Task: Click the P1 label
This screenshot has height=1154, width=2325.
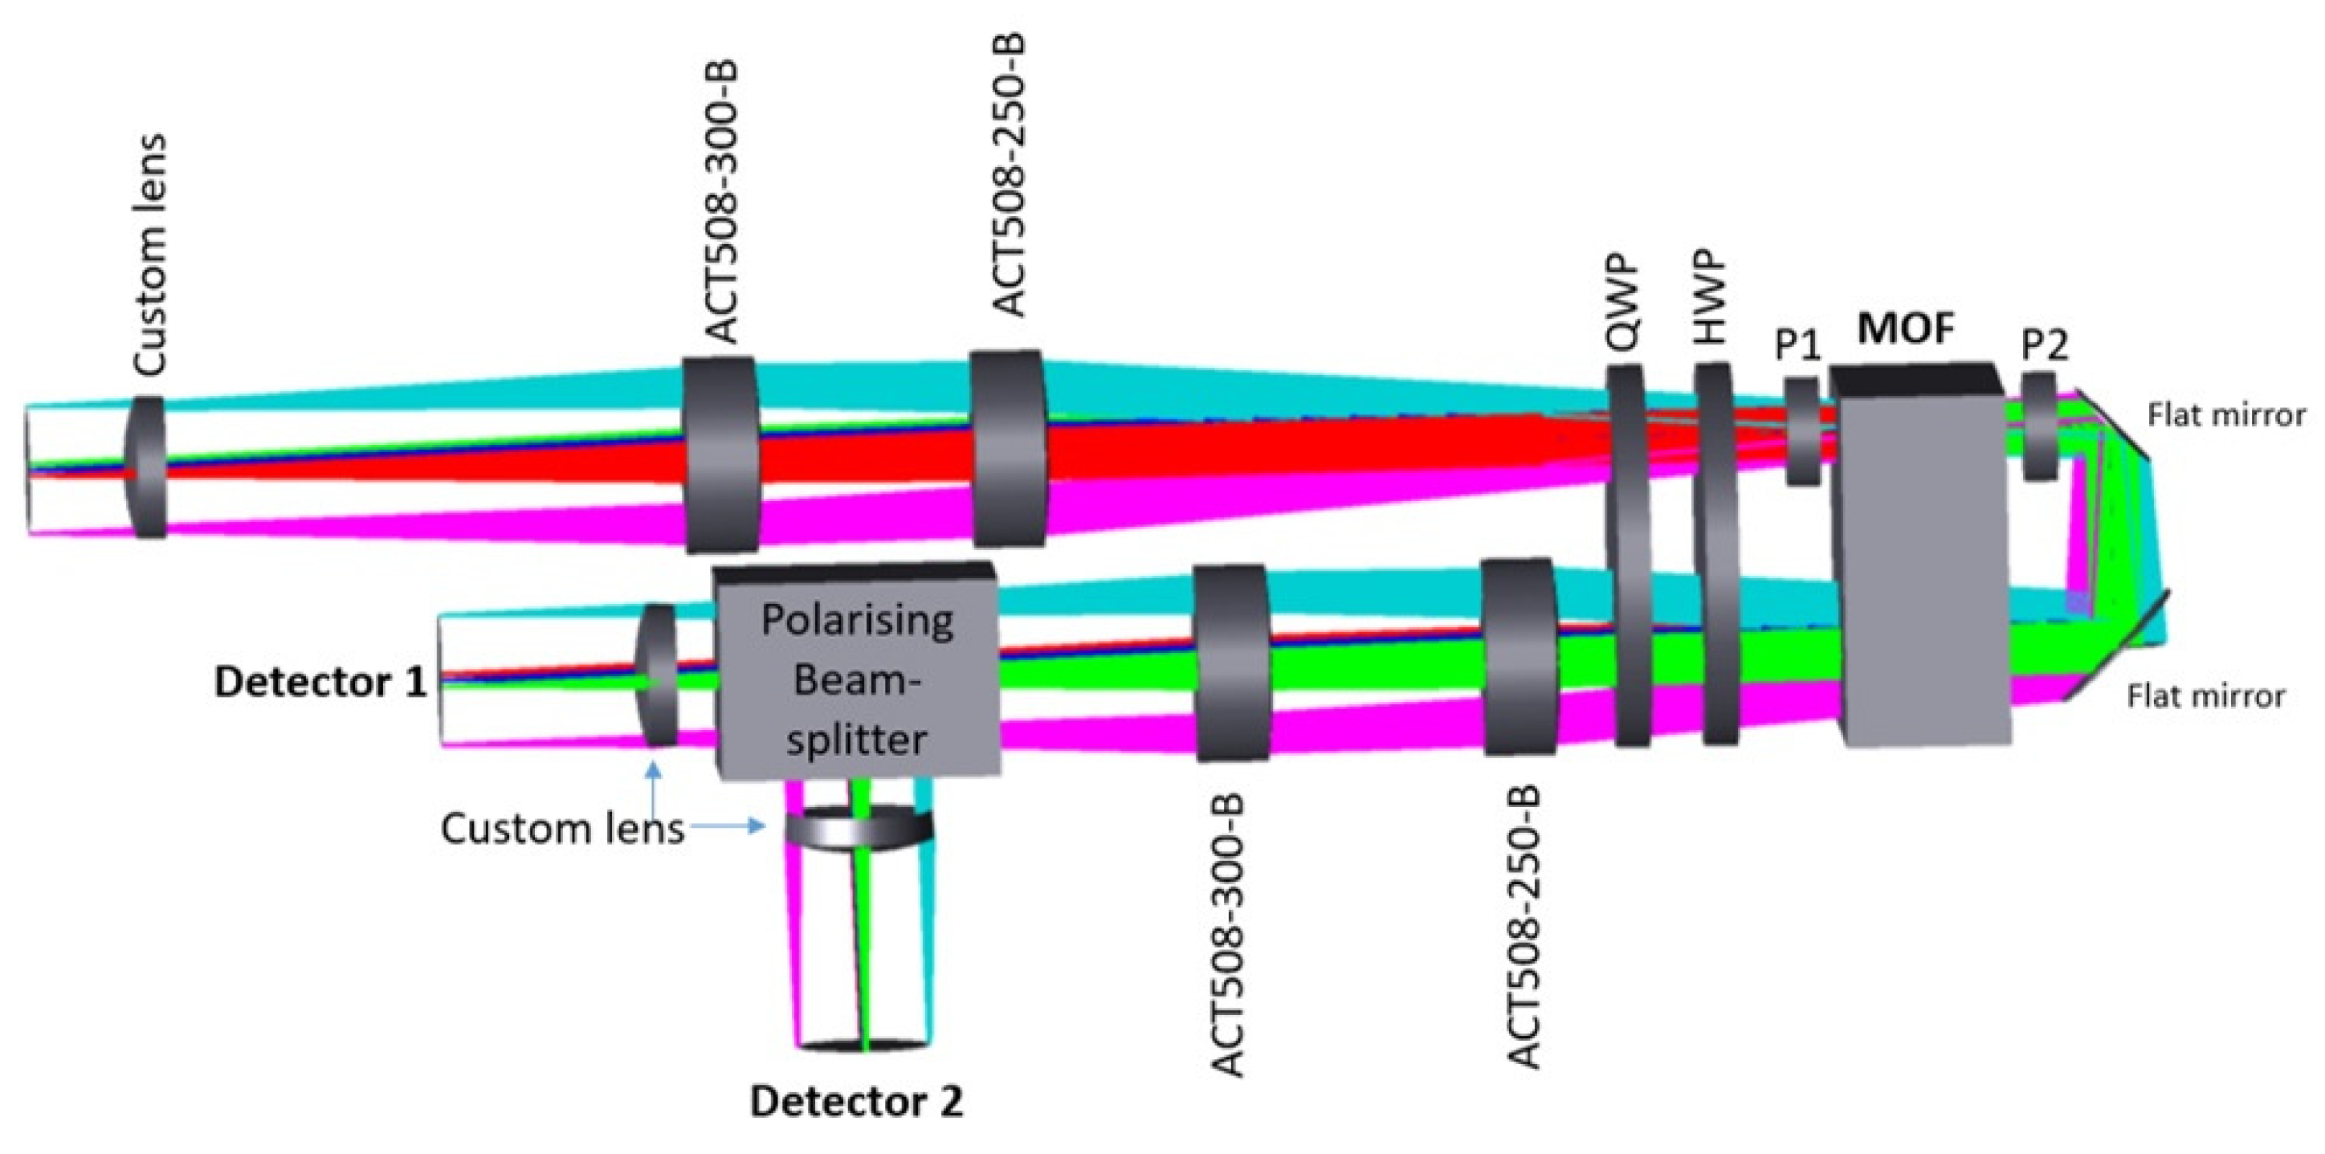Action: click(x=1797, y=345)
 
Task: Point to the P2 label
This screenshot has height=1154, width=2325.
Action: click(x=2044, y=345)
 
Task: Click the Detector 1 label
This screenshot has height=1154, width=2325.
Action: click(x=320, y=683)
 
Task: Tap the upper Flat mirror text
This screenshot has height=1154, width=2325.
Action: click(x=2225, y=415)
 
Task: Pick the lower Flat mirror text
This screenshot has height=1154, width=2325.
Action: click(x=2206, y=696)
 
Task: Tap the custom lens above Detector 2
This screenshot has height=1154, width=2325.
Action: click(x=859, y=828)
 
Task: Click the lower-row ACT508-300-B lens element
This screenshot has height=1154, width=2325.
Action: click(x=1232, y=663)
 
